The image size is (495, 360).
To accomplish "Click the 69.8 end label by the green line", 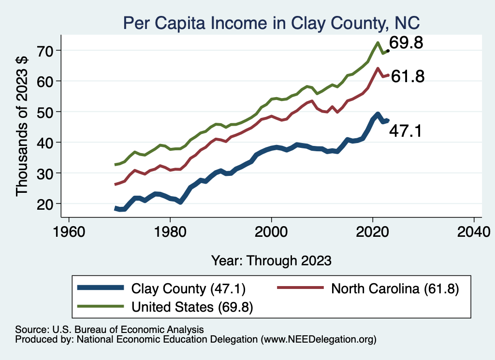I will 406,43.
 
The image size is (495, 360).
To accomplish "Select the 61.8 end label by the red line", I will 408,76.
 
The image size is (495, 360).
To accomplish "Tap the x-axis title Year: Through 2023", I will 271,260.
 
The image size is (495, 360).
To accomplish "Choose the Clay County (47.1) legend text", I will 189,288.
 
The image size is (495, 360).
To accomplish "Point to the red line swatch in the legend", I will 300,288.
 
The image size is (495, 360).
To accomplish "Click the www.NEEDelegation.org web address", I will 319,340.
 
